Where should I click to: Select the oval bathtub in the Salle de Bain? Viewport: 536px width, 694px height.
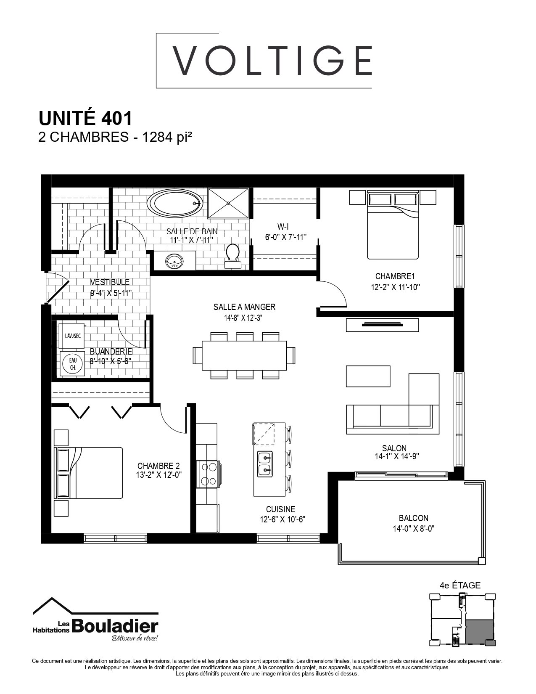[175, 203]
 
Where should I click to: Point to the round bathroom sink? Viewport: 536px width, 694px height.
[174, 261]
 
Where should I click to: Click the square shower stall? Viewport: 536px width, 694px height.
[228, 203]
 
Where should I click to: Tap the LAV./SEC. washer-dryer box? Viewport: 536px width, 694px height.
[72, 336]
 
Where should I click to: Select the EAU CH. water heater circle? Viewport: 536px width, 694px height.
[73, 364]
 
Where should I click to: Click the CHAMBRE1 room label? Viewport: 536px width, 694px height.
[395, 276]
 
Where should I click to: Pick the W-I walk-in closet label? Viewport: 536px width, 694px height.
[283, 227]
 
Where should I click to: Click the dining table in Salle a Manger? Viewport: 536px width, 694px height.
[244, 355]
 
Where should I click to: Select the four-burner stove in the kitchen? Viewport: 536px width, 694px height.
[208, 474]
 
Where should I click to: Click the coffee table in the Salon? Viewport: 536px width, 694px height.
[368, 376]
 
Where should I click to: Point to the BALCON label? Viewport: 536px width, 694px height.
[413, 518]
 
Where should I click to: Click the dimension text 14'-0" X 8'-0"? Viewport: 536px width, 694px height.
[414, 529]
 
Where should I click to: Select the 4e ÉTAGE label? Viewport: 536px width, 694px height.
[460, 585]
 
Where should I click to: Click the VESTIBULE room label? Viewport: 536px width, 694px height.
[110, 282]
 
